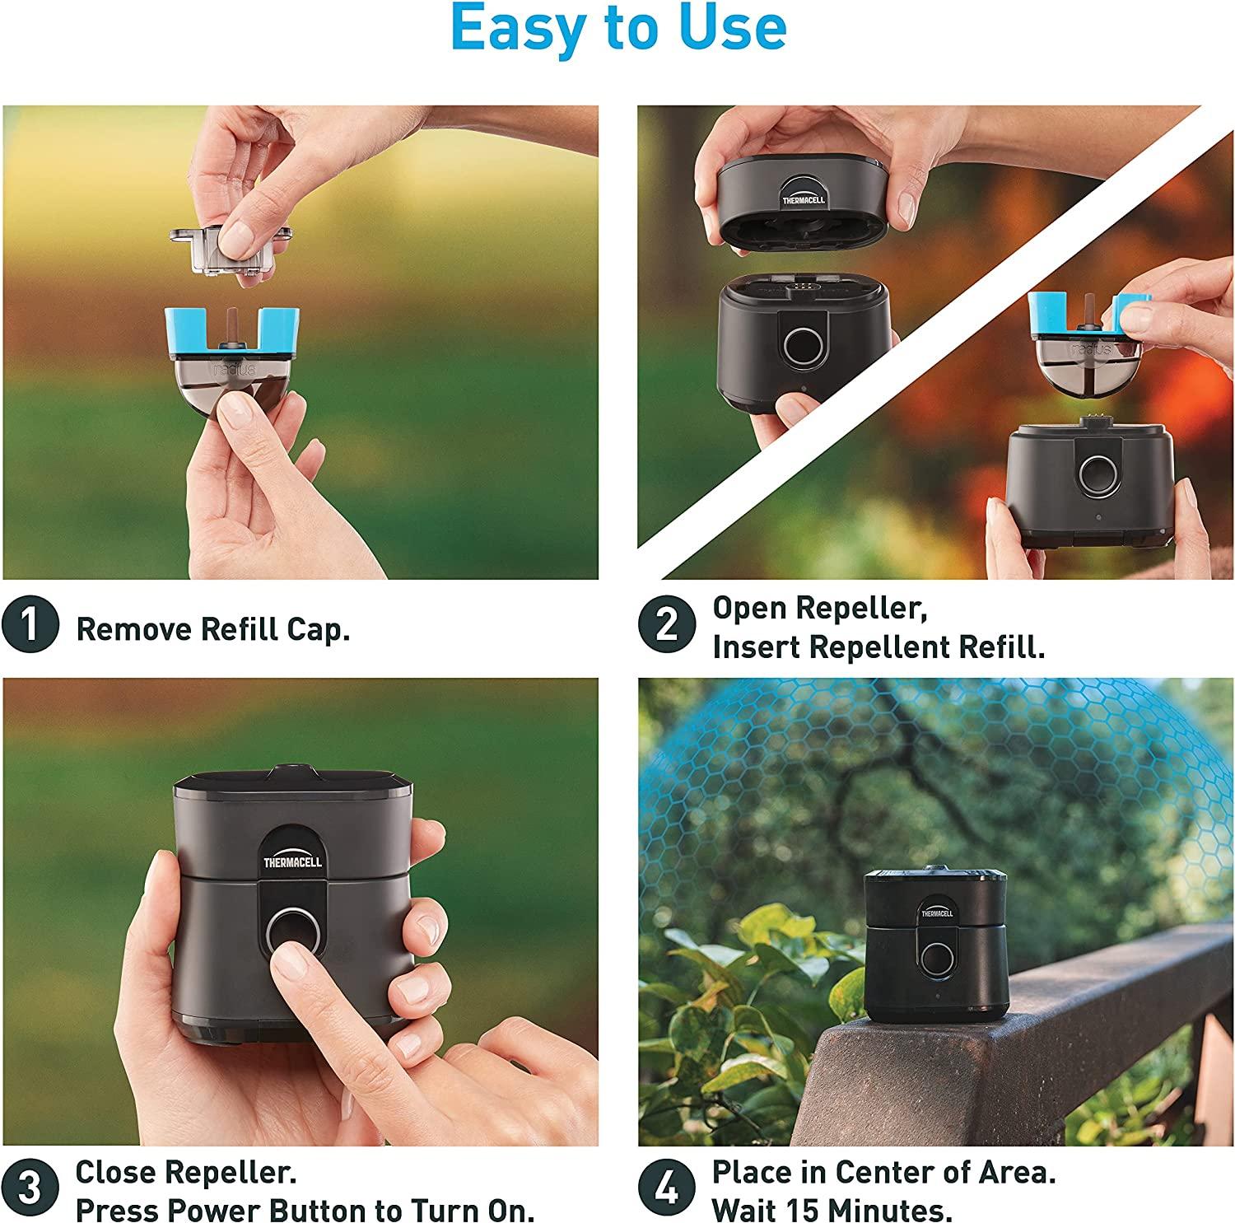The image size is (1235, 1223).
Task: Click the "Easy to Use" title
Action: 617,30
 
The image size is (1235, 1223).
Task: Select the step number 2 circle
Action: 667,625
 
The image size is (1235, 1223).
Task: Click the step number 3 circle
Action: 30,1189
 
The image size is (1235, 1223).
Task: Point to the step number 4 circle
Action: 667,1189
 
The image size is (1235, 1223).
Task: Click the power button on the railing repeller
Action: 934,956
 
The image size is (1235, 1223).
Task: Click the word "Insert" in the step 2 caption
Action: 755,647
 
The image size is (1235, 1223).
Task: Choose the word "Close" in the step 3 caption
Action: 114,1171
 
